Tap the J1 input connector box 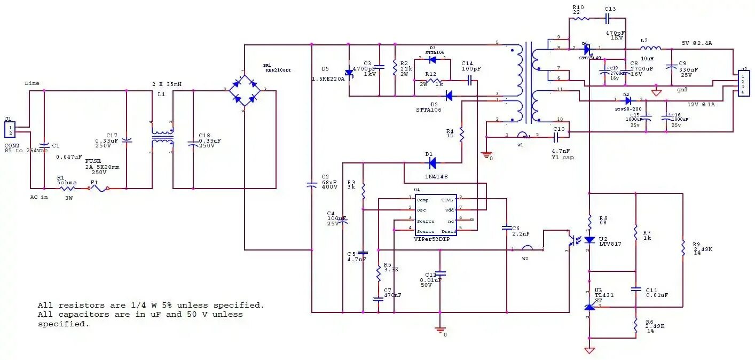click(x=10, y=129)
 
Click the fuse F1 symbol click(x=99, y=188)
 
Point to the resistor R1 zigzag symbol click(x=67, y=188)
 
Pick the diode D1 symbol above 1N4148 click(x=432, y=162)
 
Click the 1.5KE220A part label click(x=328, y=79)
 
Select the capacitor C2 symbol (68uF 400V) click(x=312, y=184)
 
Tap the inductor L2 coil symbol click(x=650, y=49)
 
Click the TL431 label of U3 click(x=602, y=295)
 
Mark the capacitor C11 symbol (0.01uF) click(x=636, y=289)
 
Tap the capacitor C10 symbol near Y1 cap click(x=556, y=137)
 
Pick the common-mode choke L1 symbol click(x=162, y=139)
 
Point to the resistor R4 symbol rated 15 click(x=461, y=135)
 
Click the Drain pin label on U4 click(x=449, y=231)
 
